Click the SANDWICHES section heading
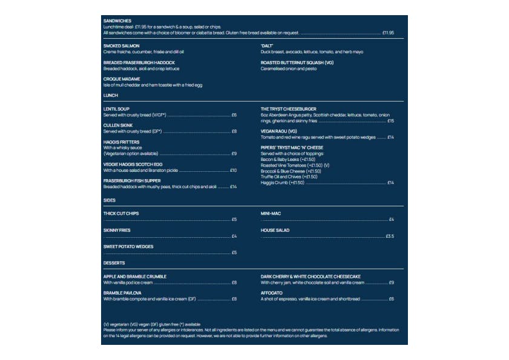coord(117,21)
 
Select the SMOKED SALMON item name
coord(122,46)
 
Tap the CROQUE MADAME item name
coord(122,79)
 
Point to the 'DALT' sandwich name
coord(268,46)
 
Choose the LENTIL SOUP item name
coord(116,109)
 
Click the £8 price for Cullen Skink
coord(234,131)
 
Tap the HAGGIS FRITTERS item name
coord(121,142)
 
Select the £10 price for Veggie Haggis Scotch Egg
coord(233,170)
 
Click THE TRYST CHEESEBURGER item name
coord(289,109)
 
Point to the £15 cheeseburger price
coord(391,121)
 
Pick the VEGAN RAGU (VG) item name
coord(279,131)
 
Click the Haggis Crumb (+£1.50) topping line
coord(281,182)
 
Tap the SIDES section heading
coord(110,200)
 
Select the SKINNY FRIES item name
coord(117,231)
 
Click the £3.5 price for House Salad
coord(390,236)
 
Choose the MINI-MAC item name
coord(270,214)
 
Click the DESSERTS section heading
coord(114,263)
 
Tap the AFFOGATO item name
coord(271,293)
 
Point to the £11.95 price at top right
coord(388,33)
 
